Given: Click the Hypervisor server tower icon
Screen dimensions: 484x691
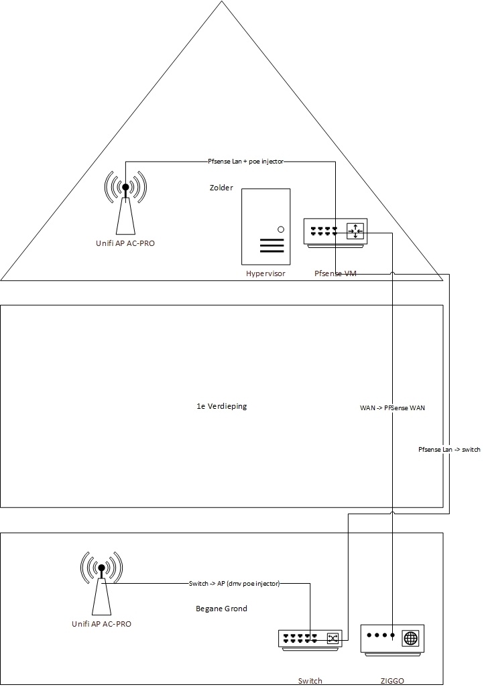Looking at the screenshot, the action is [x=266, y=227].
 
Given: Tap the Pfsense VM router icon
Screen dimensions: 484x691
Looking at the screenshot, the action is [x=335, y=232].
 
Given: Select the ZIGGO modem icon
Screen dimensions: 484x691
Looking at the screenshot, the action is [x=392, y=639].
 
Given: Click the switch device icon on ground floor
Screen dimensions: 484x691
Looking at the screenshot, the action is [x=310, y=640].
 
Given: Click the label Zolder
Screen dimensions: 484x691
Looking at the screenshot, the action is [x=221, y=188].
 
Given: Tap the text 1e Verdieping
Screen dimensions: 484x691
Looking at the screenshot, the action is [x=222, y=406].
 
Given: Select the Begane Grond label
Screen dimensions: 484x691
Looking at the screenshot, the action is [x=221, y=609].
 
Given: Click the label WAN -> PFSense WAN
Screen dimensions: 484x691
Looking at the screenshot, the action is [x=392, y=408].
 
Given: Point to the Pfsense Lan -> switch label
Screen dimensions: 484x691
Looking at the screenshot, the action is [x=449, y=450].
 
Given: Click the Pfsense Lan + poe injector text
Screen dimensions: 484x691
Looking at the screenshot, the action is [x=245, y=162].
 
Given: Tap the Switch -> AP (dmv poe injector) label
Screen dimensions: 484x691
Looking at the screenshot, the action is [x=234, y=584].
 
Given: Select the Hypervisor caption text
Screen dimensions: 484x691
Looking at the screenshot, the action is [x=266, y=273].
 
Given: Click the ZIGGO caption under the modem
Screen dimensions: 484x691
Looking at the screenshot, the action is [x=392, y=681].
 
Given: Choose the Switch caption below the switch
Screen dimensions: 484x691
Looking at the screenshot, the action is [x=310, y=681].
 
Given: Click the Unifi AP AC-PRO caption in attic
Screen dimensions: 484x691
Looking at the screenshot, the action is [x=125, y=243].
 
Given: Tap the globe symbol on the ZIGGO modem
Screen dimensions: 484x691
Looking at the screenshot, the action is [x=410, y=638].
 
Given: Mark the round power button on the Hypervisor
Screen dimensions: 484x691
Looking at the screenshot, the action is [x=281, y=229].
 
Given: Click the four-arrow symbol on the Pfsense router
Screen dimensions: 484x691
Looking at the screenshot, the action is [x=355, y=231].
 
